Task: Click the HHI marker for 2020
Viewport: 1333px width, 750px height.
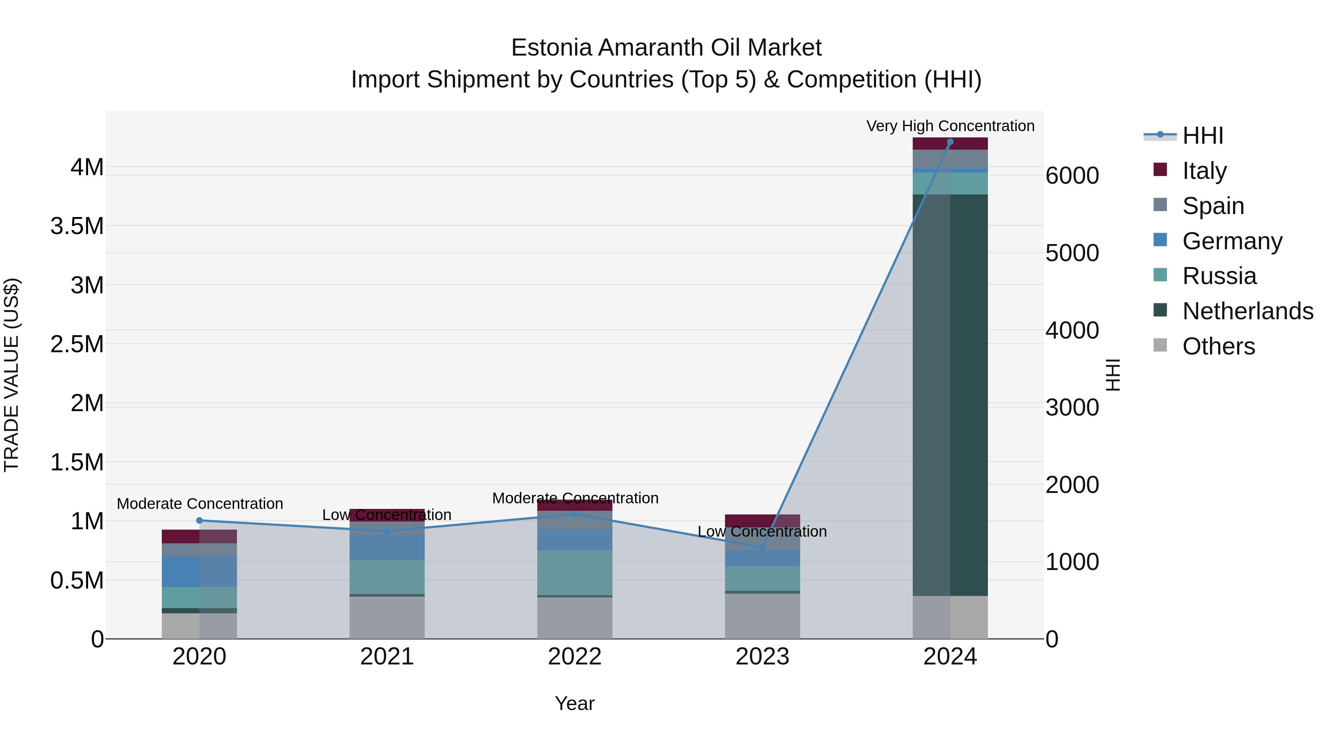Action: pyautogui.click(x=199, y=521)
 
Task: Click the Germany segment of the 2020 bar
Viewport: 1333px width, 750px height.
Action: pyautogui.click(x=199, y=571)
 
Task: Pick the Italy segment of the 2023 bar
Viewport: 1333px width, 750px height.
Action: pyautogui.click(x=762, y=520)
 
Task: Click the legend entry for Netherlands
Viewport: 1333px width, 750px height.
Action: pyautogui.click(x=1247, y=311)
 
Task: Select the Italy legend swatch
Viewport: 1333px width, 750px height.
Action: pyautogui.click(x=1160, y=170)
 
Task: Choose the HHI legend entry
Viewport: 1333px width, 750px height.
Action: pyautogui.click(x=1203, y=136)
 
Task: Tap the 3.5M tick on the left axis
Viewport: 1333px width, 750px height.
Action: pyautogui.click(x=77, y=226)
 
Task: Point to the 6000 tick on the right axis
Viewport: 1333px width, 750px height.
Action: pyautogui.click(x=1072, y=176)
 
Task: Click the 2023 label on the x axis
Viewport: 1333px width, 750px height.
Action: pyautogui.click(x=762, y=657)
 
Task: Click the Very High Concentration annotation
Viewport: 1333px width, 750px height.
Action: pyautogui.click(x=950, y=126)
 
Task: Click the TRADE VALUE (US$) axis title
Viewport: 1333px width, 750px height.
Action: pyautogui.click(x=11, y=375)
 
